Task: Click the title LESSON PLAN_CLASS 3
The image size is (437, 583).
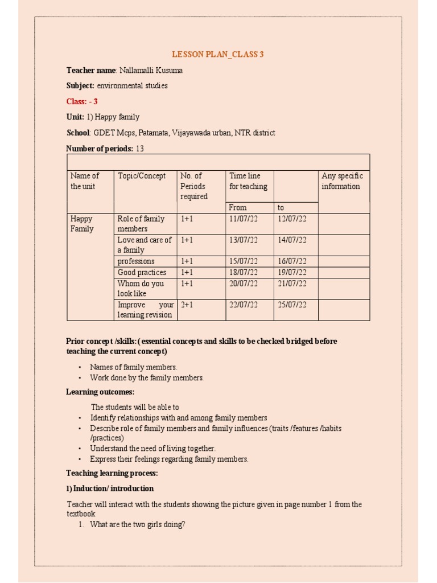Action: pos(218,55)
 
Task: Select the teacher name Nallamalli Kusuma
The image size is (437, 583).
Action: pos(151,70)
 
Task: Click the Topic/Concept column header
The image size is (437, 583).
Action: pos(142,176)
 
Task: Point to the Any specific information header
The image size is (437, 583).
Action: pos(342,181)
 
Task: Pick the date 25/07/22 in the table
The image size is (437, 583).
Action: pos(292,305)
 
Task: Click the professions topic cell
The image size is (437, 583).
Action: pos(136,261)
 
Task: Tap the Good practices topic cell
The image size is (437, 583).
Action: pos(142,272)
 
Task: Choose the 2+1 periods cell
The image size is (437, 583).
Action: pos(187,305)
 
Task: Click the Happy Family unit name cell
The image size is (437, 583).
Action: pos(81,224)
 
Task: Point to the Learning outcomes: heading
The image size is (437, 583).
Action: pos(100,392)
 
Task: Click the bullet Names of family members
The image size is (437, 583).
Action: pos(134,367)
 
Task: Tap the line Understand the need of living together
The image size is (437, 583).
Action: pos(153,449)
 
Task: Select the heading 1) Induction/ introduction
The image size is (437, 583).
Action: pos(110,488)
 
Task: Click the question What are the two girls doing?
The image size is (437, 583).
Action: pos(137,525)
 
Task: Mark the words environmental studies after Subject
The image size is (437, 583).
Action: pos(132,85)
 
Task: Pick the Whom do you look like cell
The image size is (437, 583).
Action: pos(141,288)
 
